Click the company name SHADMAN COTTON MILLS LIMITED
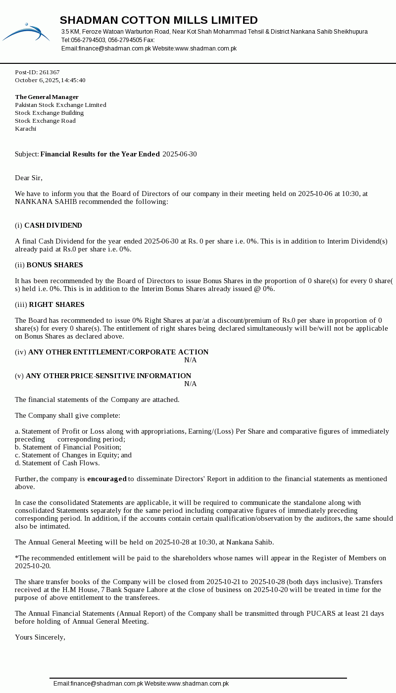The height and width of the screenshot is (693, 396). pyautogui.click(x=158, y=20)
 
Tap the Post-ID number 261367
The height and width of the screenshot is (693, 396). pyautogui.click(x=49, y=72)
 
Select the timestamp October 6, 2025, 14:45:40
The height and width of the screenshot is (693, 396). pyautogui.click(x=50, y=80)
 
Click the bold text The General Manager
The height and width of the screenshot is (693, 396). pyautogui.click(x=47, y=97)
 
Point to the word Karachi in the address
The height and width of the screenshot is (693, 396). pyautogui.click(x=25, y=129)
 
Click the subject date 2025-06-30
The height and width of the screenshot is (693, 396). pyautogui.click(x=179, y=154)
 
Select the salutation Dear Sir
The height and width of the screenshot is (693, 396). pyautogui.click(x=29, y=178)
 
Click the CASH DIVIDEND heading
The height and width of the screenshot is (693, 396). pyautogui.click(x=53, y=225)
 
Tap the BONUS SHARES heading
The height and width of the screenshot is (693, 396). pyautogui.click(x=54, y=265)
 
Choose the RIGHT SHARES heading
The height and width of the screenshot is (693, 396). pyautogui.click(x=56, y=304)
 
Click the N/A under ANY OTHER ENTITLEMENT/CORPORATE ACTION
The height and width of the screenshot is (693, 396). pyautogui.click(x=191, y=360)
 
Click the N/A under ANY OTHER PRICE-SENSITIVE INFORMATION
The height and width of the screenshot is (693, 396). pyautogui.click(x=191, y=384)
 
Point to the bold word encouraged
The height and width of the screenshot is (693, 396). pyautogui.click(x=107, y=479)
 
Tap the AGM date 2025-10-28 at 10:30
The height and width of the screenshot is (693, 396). pyautogui.click(x=185, y=542)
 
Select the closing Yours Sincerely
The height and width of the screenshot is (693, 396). pyautogui.click(x=40, y=637)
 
